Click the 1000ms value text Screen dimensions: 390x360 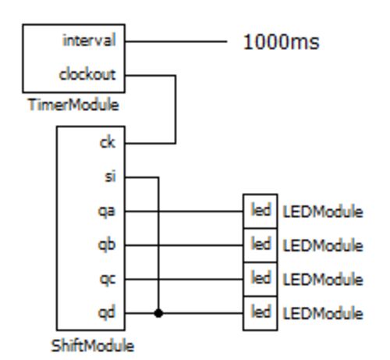(x=281, y=42)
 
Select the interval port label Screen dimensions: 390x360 (x=89, y=41)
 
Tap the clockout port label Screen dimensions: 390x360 (x=87, y=74)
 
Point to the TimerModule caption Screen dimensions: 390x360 (x=73, y=105)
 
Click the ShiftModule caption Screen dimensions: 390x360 (x=93, y=346)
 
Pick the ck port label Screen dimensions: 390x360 (x=108, y=143)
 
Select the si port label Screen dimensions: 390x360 (x=110, y=176)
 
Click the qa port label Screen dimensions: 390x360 (x=107, y=212)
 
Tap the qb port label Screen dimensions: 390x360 (x=107, y=244)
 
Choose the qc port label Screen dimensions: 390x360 (x=108, y=280)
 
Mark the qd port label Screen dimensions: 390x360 (x=107, y=312)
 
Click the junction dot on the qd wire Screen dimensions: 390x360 (x=158, y=313)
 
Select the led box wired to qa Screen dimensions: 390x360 (x=261, y=211)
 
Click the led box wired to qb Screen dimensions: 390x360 (x=261, y=245)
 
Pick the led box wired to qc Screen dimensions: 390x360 (x=261, y=279)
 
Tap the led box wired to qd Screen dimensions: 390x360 (x=261, y=313)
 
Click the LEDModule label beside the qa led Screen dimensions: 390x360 (x=323, y=212)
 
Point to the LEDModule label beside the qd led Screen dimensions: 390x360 (x=323, y=313)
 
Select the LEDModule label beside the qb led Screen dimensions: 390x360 (x=323, y=245)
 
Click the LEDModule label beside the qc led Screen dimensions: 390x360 (x=323, y=280)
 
